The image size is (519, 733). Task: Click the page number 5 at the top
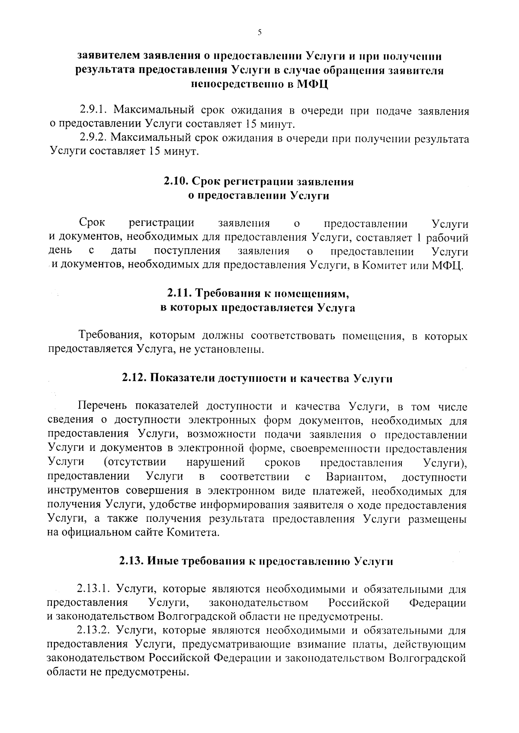[259, 32]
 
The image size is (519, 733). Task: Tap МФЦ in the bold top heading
[313, 84]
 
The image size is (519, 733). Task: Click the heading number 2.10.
[176, 182]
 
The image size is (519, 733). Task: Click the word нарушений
[215, 463]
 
